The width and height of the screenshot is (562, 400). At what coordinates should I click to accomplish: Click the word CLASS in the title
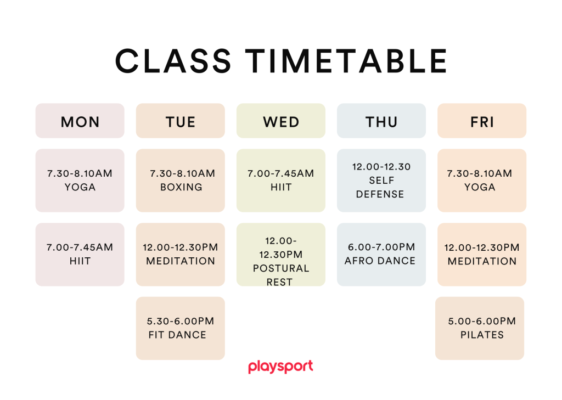click(173, 61)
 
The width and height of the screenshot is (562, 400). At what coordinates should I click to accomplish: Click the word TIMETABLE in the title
click(346, 61)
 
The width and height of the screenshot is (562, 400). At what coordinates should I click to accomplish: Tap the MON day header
click(80, 121)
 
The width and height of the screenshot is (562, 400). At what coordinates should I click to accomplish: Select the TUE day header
click(180, 121)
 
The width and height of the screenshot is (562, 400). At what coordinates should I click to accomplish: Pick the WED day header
click(281, 121)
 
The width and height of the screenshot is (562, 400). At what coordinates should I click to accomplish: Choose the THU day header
click(381, 121)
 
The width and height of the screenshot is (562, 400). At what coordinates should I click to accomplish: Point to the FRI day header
click(482, 121)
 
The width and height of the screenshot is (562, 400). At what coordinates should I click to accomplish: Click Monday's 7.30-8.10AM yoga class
click(80, 181)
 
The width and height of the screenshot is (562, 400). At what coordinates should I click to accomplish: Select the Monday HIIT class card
click(80, 255)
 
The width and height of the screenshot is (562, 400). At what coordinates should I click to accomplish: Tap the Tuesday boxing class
click(180, 181)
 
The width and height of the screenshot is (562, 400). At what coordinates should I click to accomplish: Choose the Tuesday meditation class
click(180, 255)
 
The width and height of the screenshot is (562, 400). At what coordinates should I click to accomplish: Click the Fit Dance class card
click(180, 328)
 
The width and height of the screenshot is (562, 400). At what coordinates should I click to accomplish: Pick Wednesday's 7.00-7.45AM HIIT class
click(281, 181)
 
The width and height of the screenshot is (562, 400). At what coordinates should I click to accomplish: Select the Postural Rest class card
click(281, 255)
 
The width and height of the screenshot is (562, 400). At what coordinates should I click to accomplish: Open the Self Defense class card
click(381, 181)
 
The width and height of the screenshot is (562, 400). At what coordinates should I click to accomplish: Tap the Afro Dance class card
click(381, 255)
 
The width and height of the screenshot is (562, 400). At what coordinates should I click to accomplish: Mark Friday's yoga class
click(482, 181)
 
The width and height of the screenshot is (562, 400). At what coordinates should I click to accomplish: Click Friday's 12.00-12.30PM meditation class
click(482, 255)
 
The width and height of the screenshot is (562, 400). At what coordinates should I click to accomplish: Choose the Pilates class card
click(480, 328)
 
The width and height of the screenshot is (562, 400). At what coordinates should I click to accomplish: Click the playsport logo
click(280, 367)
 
